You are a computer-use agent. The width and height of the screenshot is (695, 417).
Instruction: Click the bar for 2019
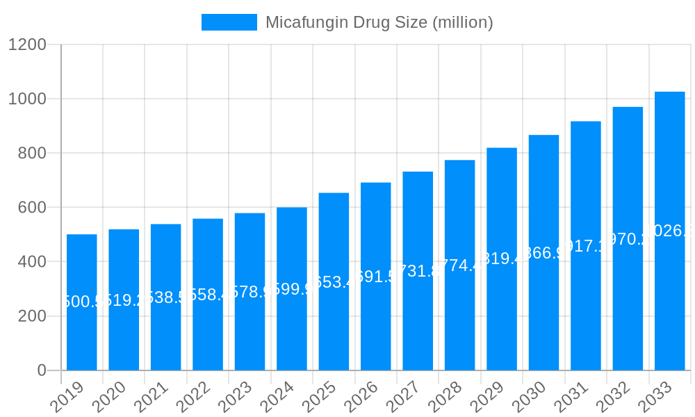[82, 334]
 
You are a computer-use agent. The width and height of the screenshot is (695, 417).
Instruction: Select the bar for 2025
[334, 327]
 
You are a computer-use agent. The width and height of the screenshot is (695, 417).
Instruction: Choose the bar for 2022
[208, 334]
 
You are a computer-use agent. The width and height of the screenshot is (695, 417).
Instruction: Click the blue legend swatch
[229, 22]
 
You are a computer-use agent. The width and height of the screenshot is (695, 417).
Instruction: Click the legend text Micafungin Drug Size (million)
[379, 22]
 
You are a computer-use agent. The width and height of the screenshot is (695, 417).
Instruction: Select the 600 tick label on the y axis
[32, 208]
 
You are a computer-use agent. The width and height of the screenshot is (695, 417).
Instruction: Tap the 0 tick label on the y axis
[42, 370]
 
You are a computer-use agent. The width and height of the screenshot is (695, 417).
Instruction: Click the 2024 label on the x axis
[278, 398]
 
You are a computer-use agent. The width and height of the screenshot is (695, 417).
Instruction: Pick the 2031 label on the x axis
[572, 398]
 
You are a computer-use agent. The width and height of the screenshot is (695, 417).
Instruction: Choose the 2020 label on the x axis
[110, 398]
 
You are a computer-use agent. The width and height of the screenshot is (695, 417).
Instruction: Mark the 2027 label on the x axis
[404, 398]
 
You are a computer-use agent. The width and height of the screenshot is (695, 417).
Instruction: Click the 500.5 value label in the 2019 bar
[82, 302]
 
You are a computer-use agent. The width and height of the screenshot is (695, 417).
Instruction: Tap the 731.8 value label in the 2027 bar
[418, 271]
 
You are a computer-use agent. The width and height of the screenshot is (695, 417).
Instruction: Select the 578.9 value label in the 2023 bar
[250, 291]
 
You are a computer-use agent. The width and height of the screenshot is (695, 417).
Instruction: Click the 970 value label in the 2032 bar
[628, 239]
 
